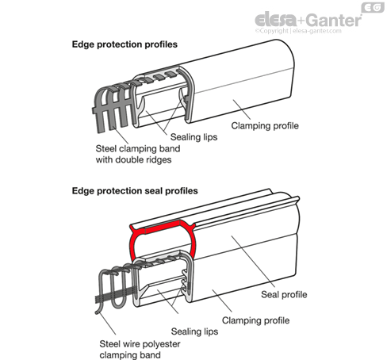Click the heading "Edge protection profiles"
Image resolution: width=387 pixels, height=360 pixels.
[125, 44]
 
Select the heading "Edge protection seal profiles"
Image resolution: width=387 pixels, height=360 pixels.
[135, 191]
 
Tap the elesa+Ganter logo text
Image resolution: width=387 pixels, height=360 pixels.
[308, 20]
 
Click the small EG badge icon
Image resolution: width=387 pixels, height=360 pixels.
[373, 7]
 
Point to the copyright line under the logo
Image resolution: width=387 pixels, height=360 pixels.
[298, 31]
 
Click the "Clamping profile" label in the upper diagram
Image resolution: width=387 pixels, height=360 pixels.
[265, 125]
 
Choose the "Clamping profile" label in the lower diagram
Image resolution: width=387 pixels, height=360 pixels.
[255, 320]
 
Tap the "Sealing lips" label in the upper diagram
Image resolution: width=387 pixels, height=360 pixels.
[193, 137]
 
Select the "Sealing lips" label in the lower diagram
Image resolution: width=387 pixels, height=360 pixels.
[194, 331]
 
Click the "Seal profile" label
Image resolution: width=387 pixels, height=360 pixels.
[284, 294]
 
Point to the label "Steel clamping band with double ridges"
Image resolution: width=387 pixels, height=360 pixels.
[138, 154]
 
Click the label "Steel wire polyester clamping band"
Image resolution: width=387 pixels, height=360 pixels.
[140, 350]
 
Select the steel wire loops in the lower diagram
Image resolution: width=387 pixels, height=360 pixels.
[114, 287]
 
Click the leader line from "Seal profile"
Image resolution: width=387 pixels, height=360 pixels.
[253, 262]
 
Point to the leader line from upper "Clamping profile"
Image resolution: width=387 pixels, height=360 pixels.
[242, 109]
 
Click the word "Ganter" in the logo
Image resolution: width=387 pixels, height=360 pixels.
[335, 20]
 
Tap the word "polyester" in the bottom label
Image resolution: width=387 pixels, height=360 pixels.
[161, 344]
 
